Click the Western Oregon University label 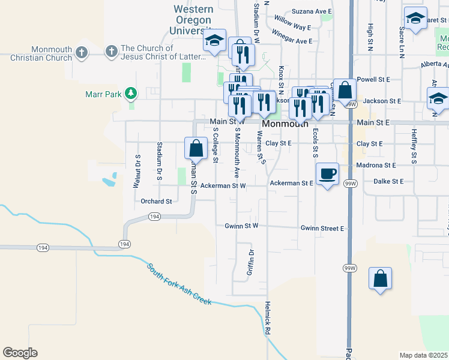193,20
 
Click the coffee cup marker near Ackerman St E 327,174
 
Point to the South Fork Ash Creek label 179,283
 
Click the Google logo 20,353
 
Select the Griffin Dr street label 251,262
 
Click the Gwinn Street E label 322,228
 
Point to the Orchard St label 156,202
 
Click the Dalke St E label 388,181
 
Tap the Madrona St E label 376,164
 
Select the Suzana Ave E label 312,11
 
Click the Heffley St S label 414,146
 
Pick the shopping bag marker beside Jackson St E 345,91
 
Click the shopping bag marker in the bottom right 380,279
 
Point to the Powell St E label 373,79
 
